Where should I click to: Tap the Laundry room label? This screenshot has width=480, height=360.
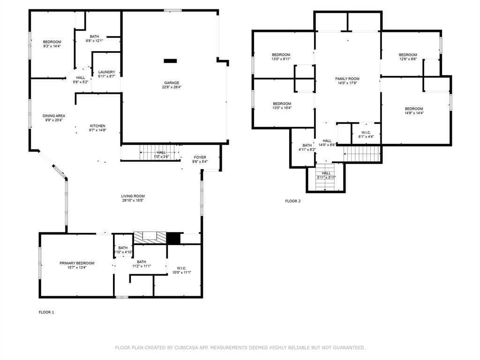click(106, 72)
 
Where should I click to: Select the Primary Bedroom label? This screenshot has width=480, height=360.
click(77, 263)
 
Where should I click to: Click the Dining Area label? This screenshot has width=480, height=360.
click(54, 116)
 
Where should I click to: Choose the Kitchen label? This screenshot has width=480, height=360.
click(97, 126)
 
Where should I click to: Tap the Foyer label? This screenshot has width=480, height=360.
click(200, 157)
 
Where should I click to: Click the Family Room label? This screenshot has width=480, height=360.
click(347, 79)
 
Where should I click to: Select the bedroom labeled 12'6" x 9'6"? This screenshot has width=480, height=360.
click(408, 55)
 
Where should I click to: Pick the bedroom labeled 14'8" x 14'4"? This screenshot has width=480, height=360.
click(414, 109)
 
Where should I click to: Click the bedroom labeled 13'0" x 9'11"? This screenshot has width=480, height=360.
click(281, 55)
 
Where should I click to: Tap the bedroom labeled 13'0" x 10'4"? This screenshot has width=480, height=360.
click(282, 104)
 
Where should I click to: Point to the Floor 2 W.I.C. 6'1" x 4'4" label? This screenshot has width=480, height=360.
click(366, 132)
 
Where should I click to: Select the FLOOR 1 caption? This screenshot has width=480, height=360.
click(46, 312)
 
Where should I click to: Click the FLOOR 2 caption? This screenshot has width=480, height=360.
click(293, 201)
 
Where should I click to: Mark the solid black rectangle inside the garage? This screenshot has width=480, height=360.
click(171, 60)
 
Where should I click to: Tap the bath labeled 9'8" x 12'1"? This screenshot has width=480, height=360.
click(94, 37)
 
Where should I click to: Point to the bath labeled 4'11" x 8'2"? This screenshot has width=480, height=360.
click(307, 145)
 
